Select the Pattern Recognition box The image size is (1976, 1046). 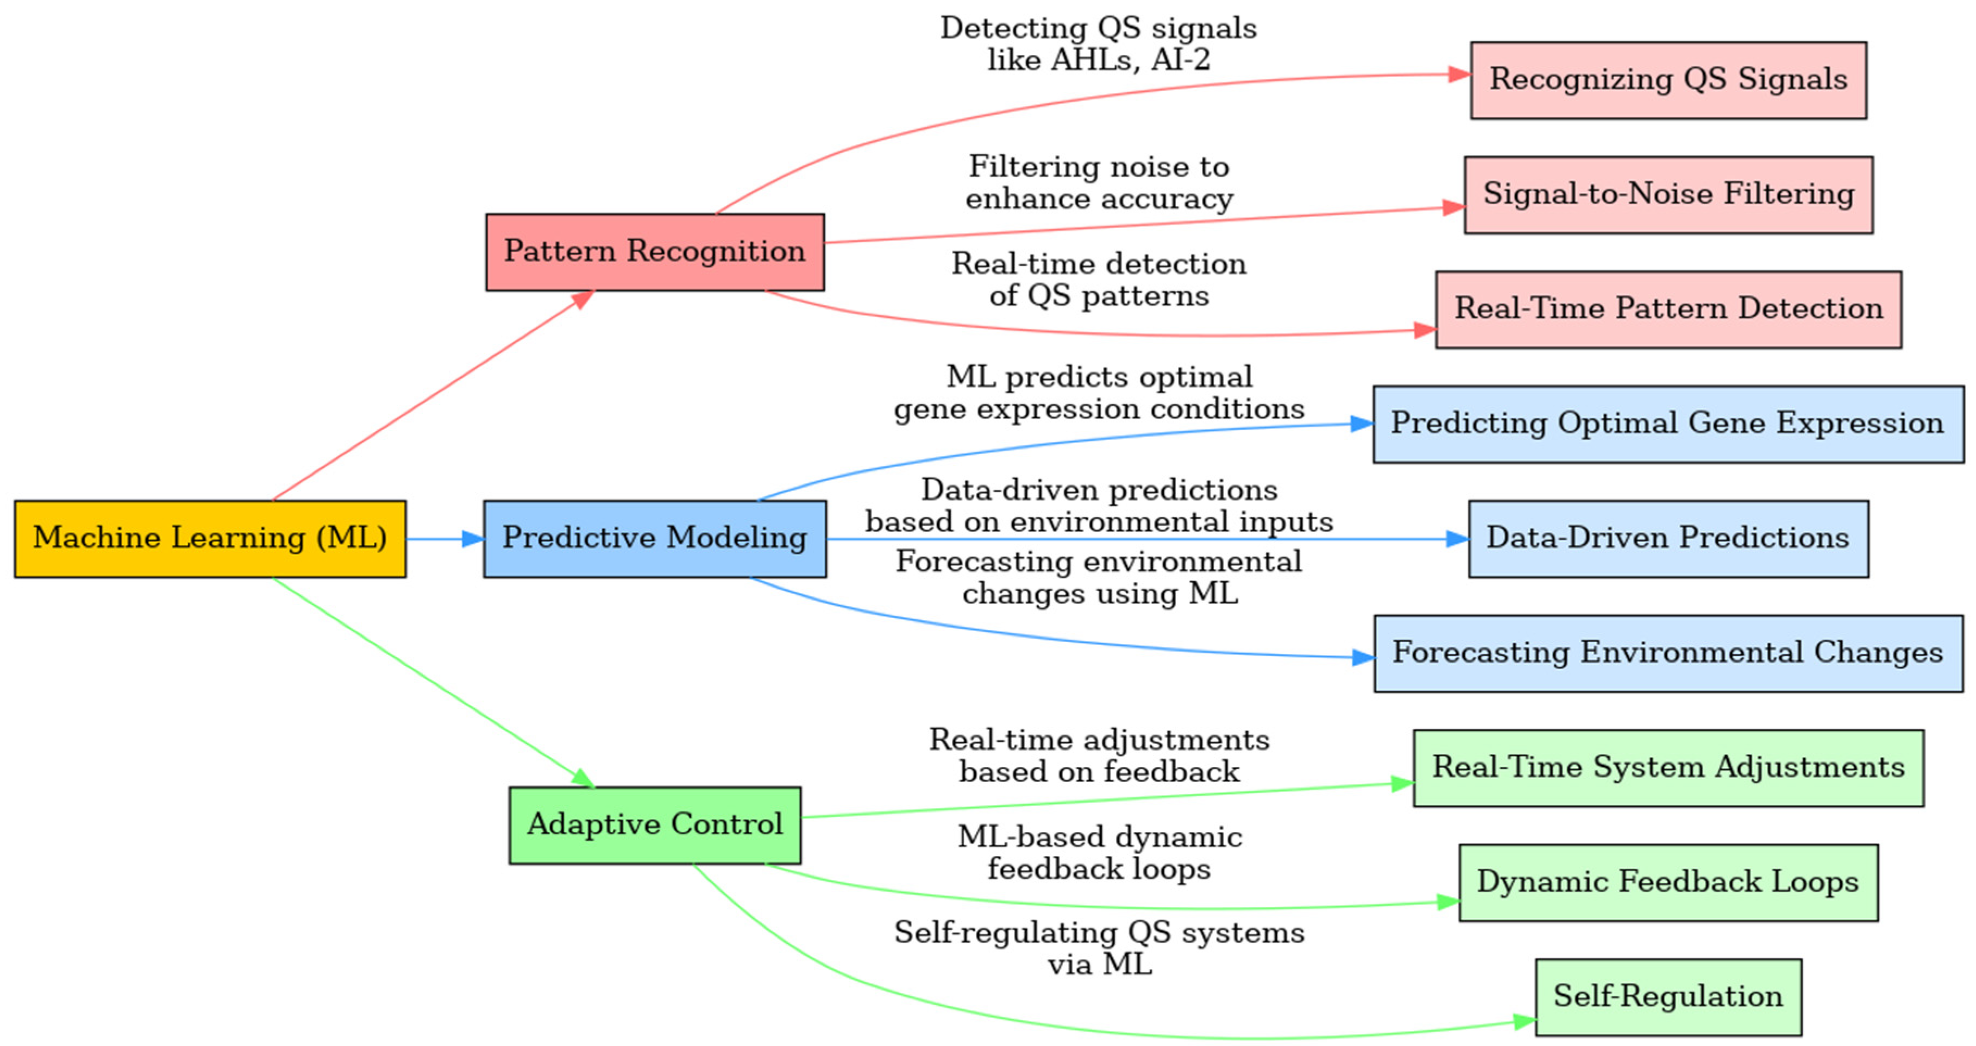(x=654, y=251)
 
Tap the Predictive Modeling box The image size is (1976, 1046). (x=654, y=538)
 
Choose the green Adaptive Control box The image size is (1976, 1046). (x=654, y=825)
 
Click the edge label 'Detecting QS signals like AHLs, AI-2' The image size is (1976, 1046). (x=1099, y=43)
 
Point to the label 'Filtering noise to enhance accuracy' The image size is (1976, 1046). (x=1099, y=182)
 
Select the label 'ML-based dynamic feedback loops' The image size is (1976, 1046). (x=1099, y=853)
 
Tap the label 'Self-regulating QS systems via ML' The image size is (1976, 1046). (x=1099, y=949)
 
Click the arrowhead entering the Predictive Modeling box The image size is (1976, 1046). (x=473, y=539)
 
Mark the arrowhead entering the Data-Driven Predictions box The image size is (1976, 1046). (x=1458, y=539)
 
